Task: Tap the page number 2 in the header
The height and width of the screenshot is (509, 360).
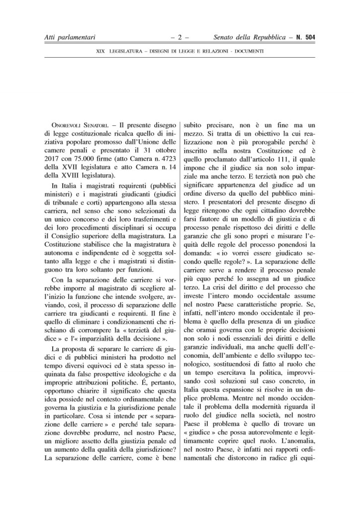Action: pyautogui.click(x=180, y=37)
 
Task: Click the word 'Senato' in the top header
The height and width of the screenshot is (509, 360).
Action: pyautogui.click(x=225, y=37)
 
